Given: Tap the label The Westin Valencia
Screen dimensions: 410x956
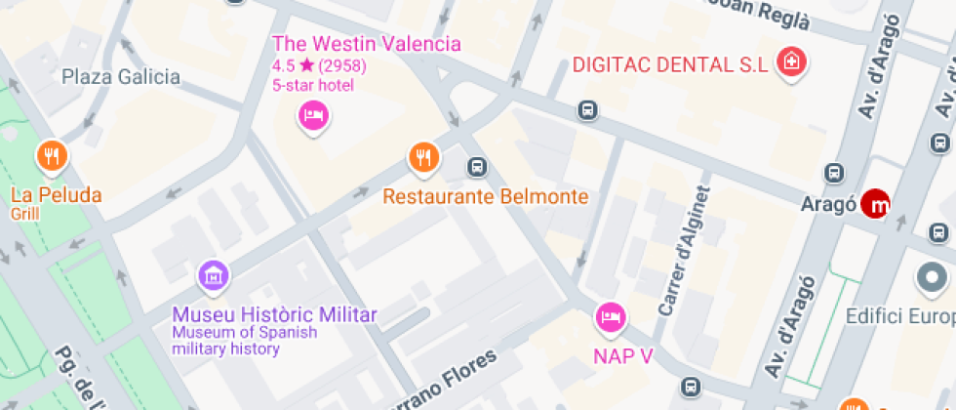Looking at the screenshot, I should [367, 44].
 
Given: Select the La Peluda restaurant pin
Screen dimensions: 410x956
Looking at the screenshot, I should [52, 156].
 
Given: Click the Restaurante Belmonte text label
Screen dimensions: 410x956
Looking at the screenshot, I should [485, 196].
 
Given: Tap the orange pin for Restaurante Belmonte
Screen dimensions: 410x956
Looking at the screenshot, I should [422, 156].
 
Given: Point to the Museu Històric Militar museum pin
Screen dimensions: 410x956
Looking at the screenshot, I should [214, 275].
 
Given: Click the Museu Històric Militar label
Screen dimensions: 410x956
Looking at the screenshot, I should [274, 314].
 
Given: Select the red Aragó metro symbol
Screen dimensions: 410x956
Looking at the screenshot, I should [879, 204].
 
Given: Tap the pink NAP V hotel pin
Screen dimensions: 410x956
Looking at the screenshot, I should [612, 316].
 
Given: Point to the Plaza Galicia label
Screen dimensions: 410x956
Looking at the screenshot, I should [121, 76].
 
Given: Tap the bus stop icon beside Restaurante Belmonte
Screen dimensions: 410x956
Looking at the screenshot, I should [477, 167].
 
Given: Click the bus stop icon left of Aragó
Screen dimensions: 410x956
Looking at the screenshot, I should [834, 173].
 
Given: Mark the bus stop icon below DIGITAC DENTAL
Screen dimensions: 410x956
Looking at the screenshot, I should [587, 110].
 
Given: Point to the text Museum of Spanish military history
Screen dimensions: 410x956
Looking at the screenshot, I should [245, 341].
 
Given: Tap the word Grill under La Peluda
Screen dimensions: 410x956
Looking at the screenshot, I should [24, 214].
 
